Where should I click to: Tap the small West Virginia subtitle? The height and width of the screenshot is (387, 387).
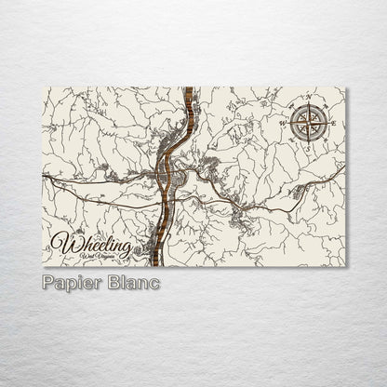pyautogui.click(x=100, y=257)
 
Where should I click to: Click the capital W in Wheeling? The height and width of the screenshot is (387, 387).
pyautogui.click(x=64, y=243)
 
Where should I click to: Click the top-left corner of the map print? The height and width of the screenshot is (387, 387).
pyautogui.click(x=43, y=87)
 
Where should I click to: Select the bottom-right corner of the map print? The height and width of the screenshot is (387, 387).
pyautogui.click(x=345, y=266)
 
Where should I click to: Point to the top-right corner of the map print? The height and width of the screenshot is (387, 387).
pyautogui.click(x=345, y=87)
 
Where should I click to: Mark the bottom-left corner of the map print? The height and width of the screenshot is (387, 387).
pyautogui.click(x=43, y=266)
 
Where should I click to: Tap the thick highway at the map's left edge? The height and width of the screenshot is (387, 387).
pyautogui.click(x=46, y=175)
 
